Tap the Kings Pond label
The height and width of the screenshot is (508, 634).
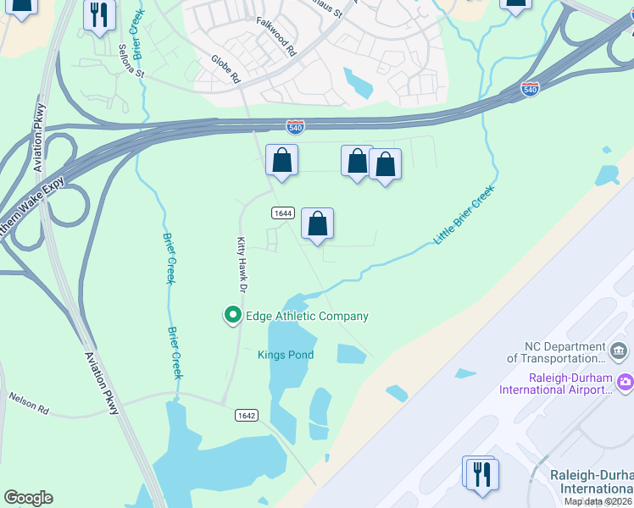[x=286, y=355]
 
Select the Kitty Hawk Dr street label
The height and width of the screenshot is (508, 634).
[x=242, y=265]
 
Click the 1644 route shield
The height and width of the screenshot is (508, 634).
[x=282, y=213]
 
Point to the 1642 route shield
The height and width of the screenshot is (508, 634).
[x=247, y=415]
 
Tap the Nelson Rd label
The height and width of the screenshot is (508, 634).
[x=29, y=400]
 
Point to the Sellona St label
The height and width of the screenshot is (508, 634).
[x=133, y=60]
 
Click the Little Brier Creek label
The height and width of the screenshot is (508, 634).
[x=463, y=217]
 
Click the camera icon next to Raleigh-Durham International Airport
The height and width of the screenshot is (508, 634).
[x=626, y=382]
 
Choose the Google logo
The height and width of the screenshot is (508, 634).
[x=28, y=498]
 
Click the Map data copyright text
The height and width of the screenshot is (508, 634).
[x=598, y=501]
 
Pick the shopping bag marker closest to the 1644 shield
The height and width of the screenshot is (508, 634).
[x=317, y=224]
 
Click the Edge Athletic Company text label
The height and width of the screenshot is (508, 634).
[x=307, y=316]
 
